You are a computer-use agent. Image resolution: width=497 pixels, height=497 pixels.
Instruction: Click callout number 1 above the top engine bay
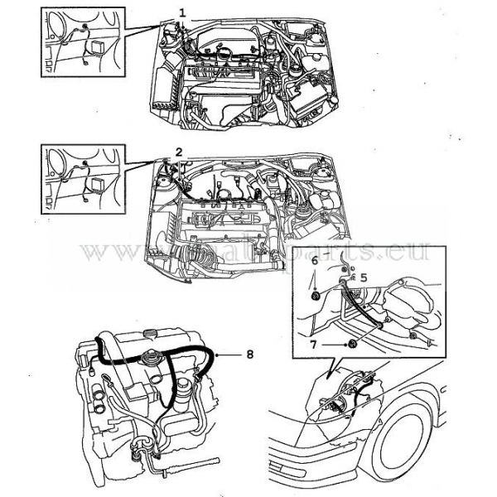tap(181, 12)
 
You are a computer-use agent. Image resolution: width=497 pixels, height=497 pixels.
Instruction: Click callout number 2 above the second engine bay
tap(178, 151)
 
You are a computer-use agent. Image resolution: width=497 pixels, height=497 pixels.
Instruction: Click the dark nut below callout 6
tap(316, 296)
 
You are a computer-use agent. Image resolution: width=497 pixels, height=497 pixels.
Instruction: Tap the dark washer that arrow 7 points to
tap(352, 344)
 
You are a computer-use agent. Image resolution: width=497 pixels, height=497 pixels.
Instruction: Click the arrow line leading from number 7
tap(333, 343)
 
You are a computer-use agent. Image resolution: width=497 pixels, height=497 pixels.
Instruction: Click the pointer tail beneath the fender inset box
tap(331, 369)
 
